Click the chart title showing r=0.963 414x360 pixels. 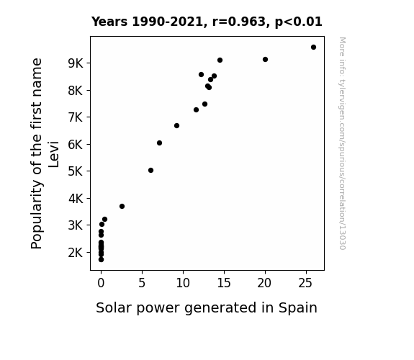[x=207, y=22]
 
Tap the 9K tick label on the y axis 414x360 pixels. [x=76, y=63]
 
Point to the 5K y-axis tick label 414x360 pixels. [x=76, y=171]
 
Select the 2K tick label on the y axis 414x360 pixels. [x=76, y=253]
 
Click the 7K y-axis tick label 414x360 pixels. [x=76, y=117]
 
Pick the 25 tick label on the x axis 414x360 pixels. [x=305, y=283]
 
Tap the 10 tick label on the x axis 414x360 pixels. [x=183, y=283]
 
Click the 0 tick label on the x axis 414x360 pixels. [x=101, y=283]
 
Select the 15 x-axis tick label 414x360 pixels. [x=224, y=283]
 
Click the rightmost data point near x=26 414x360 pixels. [x=313, y=48]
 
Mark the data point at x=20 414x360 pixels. [x=266, y=60]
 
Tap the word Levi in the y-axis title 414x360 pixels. [x=53, y=155]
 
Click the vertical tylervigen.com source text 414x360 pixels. [x=342, y=143]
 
